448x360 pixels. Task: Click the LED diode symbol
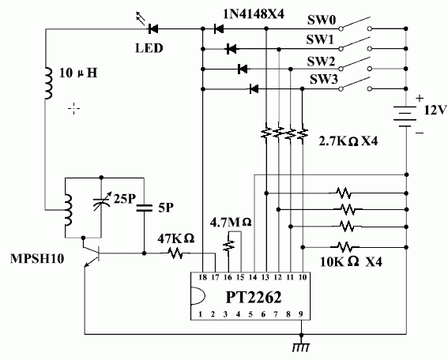152,28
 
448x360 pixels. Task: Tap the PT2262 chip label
254,297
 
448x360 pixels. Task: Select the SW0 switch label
322,20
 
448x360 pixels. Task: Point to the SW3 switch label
324,80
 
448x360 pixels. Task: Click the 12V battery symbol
405,116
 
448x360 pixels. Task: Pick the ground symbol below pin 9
301,345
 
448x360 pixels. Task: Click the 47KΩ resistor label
175,238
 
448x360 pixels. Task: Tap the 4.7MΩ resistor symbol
228,246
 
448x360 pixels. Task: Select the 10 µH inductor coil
48,84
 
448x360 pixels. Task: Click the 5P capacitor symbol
144,208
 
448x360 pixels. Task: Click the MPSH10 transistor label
37,259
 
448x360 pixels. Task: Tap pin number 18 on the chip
202,277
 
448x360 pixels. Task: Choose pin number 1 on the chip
200,314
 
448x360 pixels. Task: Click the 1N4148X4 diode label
254,13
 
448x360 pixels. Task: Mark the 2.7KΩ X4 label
348,141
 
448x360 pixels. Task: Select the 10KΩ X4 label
351,261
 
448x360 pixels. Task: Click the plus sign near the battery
419,99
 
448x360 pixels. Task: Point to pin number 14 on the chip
253,277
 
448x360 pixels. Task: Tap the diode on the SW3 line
254,89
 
